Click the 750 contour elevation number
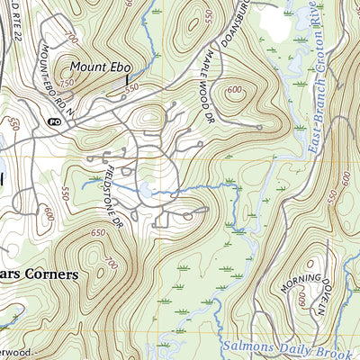click(65, 83)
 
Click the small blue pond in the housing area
click(144, 190)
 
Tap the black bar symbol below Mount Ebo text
click(127, 82)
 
